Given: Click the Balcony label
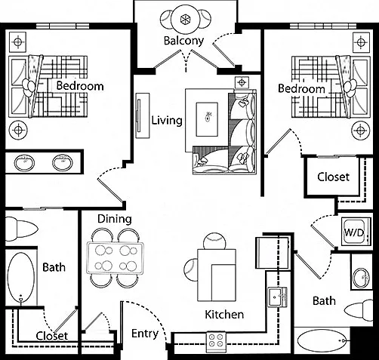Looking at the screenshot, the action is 183,41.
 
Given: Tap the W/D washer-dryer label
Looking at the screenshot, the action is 354,232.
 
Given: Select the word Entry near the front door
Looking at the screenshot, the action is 145,334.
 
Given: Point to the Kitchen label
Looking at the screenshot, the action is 224,315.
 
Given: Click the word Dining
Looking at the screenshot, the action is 115,219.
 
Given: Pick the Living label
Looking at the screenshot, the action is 167,120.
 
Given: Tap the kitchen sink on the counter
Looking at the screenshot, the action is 277,297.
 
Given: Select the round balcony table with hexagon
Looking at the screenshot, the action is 185,19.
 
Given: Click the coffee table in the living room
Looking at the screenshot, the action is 207,119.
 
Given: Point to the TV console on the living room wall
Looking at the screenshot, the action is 143,115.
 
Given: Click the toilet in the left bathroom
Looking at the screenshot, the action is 21,229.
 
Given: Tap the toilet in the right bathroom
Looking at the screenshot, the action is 359,310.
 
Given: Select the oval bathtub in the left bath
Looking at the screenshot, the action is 21,277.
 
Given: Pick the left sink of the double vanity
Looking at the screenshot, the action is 24,162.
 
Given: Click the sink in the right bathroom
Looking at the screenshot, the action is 362,278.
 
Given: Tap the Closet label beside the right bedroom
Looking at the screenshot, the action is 333,177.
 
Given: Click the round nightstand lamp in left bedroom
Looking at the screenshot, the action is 18,130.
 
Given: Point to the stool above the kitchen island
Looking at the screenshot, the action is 214,241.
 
